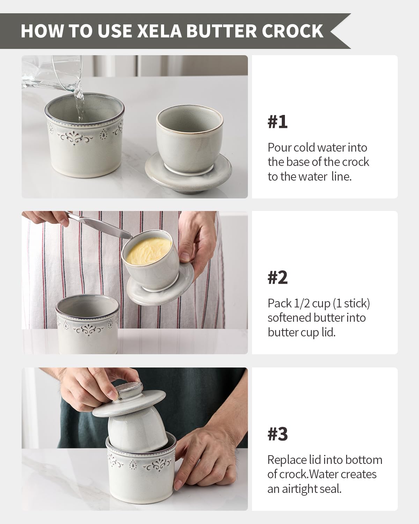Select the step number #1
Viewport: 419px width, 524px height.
[278, 122]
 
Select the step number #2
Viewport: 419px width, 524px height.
[278, 278]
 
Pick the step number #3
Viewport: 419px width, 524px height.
[278, 434]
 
